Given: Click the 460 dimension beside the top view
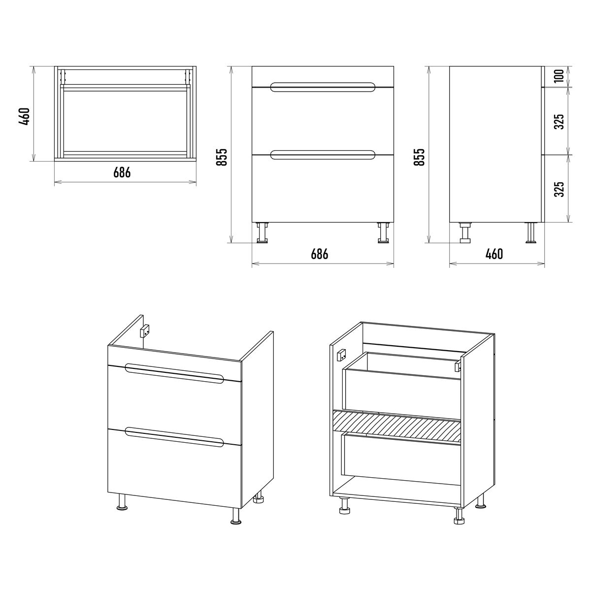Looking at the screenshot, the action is click(24, 116).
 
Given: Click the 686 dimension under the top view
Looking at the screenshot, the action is click(122, 172).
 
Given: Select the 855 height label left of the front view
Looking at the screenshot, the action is click(222, 157).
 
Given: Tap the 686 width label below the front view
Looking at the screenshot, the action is click(320, 254).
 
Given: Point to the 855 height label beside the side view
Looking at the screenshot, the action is click(419, 157).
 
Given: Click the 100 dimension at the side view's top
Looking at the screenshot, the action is click(559, 75).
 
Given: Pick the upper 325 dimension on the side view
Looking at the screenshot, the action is click(559, 122).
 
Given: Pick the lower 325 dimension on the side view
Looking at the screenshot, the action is click(559, 189).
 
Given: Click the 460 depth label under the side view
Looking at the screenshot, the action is click(494, 254).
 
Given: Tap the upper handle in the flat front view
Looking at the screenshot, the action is click(323, 87).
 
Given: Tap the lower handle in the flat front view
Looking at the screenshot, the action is click(323, 155).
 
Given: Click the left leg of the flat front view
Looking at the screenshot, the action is click(262, 232).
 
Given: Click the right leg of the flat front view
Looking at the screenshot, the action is click(383, 232).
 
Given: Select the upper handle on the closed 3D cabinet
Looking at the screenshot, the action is click(174, 373).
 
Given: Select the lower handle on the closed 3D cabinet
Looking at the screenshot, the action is click(174, 437).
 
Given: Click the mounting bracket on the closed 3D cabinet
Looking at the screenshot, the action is click(144, 331).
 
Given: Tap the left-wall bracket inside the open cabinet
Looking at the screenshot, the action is click(342, 356).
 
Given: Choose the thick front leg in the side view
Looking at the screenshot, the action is click(465, 232).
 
